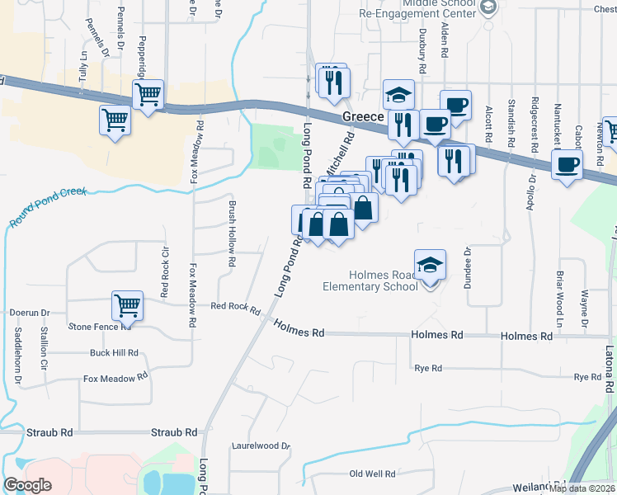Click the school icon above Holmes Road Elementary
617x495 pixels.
click(430, 266)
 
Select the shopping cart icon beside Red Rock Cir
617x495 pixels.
click(128, 305)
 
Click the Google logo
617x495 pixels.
click(27, 485)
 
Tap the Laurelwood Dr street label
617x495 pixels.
click(261, 446)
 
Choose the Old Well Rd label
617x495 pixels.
click(372, 474)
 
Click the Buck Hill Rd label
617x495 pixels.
click(114, 353)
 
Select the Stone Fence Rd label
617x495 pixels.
click(100, 327)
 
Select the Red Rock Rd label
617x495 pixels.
click(235, 306)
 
